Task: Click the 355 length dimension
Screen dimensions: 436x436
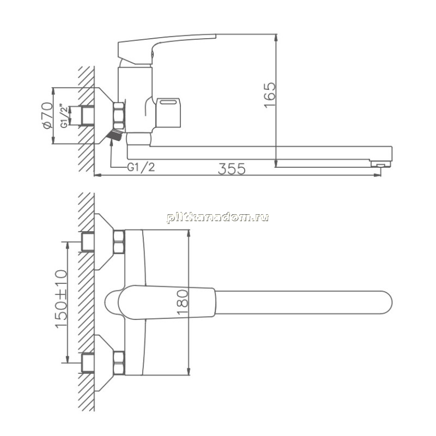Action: tap(232, 168)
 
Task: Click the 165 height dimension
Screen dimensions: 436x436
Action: tap(270, 94)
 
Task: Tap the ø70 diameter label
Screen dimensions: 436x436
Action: tap(47, 116)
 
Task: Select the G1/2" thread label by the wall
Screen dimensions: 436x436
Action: tap(64, 116)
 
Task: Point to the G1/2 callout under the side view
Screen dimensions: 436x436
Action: tap(141, 167)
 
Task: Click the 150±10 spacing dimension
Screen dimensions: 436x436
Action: tap(61, 299)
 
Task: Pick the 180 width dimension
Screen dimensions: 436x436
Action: tap(183, 303)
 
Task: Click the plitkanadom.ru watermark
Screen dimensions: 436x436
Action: tap(217, 217)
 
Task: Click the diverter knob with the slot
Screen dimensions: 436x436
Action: tap(168, 112)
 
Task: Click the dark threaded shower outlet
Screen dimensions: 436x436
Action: tap(115, 135)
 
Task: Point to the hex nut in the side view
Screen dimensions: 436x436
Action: tap(119, 116)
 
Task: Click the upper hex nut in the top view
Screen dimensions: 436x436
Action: tap(119, 242)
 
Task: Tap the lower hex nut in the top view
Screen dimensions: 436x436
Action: tap(119, 363)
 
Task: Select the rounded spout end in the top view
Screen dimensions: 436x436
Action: tap(385, 302)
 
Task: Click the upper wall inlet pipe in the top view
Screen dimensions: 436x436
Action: tap(88, 242)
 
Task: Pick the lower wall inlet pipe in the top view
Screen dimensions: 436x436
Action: tap(88, 363)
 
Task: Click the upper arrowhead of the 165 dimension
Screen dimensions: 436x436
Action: tap(276, 38)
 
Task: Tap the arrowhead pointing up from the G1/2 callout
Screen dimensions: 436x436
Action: tap(111, 142)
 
